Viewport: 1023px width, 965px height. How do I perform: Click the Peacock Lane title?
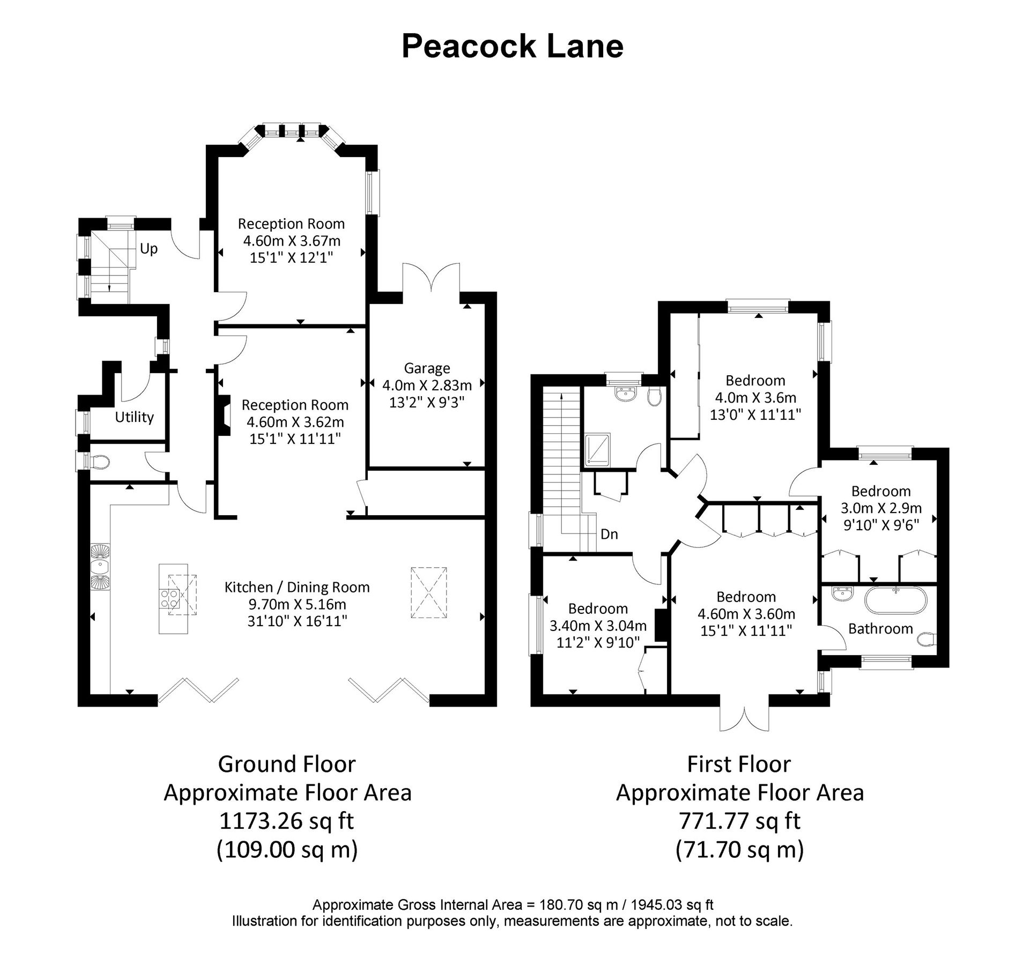[x=512, y=46]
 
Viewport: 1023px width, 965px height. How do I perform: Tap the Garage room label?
[x=426, y=368]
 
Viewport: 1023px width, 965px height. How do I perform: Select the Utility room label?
[x=134, y=417]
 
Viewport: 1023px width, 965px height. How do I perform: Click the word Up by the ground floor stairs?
[x=149, y=249]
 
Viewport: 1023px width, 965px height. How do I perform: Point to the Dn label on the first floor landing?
[x=609, y=534]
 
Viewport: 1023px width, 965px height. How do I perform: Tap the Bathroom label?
[x=880, y=629]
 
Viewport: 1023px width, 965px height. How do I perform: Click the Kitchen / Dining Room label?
[x=296, y=587]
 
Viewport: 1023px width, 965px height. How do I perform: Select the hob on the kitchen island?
[x=170, y=599]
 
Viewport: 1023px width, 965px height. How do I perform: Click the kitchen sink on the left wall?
[x=100, y=567]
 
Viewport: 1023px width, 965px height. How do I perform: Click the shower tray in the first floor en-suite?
[x=597, y=449]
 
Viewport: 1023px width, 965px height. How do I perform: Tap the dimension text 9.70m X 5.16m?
[x=296, y=604]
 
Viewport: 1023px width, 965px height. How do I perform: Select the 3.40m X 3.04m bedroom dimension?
[x=597, y=626]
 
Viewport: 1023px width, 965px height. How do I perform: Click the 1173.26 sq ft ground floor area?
[x=287, y=821]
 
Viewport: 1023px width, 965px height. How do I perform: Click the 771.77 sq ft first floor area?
[x=739, y=821]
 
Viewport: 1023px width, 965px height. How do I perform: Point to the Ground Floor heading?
[x=287, y=764]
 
